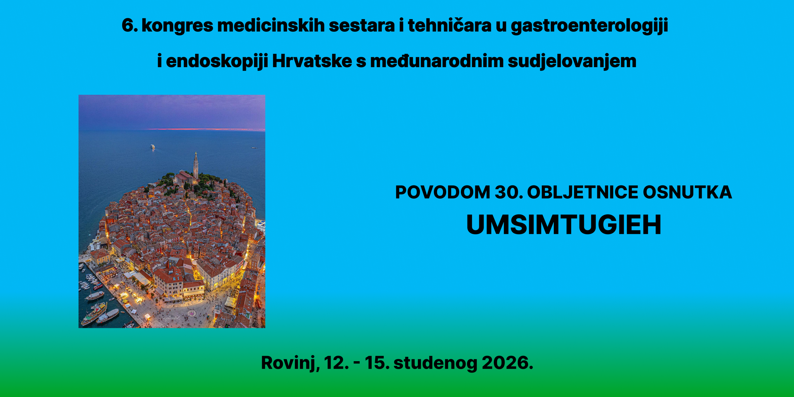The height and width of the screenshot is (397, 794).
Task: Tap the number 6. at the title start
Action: tap(130, 25)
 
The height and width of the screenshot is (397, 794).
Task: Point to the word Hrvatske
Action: tap(312, 61)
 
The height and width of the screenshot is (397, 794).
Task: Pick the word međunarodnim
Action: tap(437, 61)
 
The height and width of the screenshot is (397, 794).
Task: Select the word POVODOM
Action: tap(443, 192)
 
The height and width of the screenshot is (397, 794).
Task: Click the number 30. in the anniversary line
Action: tap(509, 192)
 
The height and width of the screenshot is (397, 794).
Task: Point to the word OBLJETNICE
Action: tap(582, 192)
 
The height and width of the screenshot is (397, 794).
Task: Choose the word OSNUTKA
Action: tap(687, 192)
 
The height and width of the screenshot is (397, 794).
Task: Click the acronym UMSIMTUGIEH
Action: tap(564, 225)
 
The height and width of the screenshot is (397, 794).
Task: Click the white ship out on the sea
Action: tap(153, 147)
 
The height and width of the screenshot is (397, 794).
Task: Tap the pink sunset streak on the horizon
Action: tap(206, 129)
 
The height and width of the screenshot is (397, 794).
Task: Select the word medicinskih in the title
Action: tap(271, 25)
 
